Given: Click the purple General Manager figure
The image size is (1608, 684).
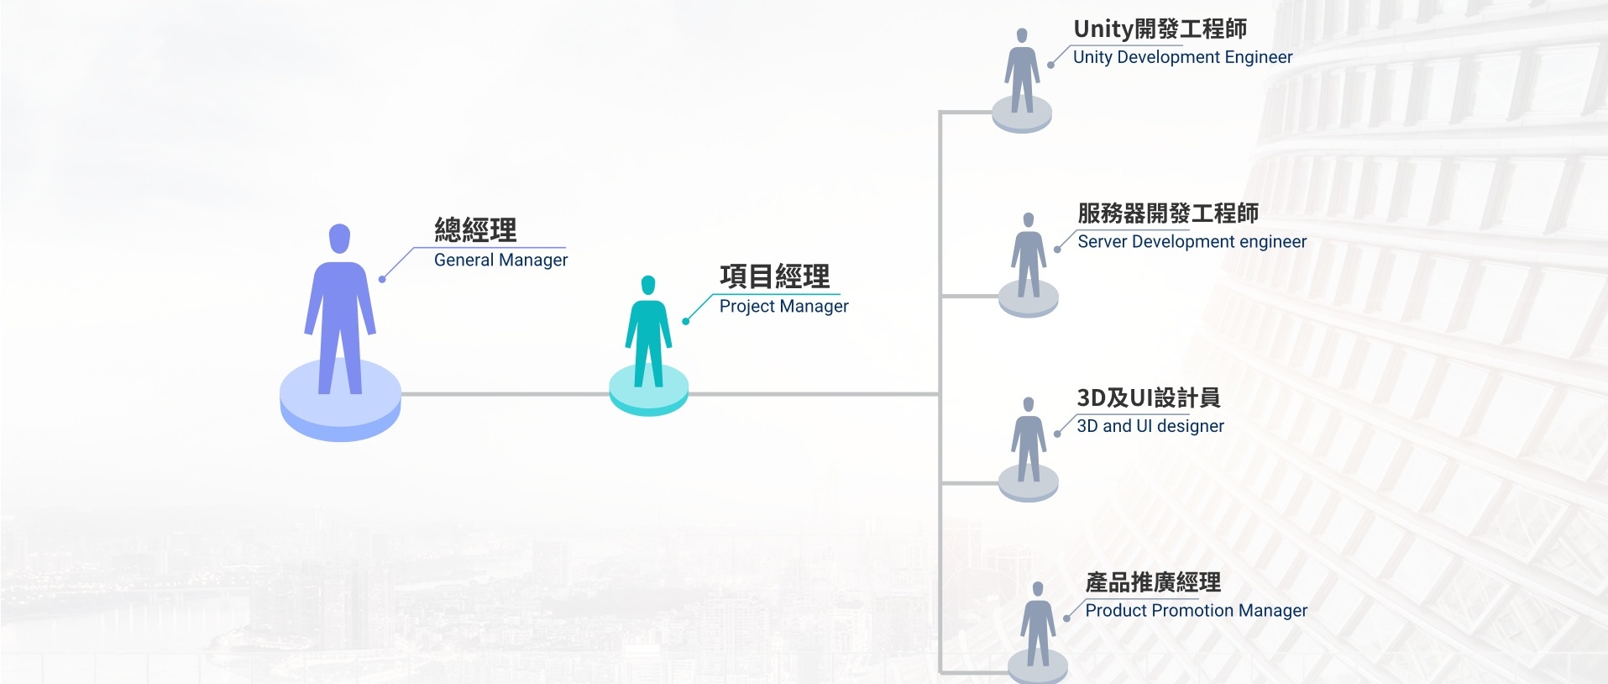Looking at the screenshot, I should pos(340,311).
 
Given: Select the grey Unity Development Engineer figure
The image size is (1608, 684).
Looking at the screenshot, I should pos(1022,72).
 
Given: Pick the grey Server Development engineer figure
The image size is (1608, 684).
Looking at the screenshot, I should pos(1029,256).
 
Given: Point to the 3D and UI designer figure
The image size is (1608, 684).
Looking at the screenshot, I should pos(1029,441).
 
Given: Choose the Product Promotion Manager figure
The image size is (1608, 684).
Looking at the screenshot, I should pos(1038,626).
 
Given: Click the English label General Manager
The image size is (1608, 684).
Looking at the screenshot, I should pos(500,260).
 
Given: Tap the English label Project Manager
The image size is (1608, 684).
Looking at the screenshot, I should pos(783,307).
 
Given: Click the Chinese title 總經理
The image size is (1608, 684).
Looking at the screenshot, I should pos(475,230).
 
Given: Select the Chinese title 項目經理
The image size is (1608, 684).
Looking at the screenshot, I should pos(774,276).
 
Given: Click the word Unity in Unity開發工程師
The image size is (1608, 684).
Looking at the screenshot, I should pos(1103,29).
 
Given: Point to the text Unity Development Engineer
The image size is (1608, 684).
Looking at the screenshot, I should pos(1182,57).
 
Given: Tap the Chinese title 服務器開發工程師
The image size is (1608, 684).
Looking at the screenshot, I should pos(1168,213).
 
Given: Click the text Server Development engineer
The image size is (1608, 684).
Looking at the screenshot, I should pos(1192,242).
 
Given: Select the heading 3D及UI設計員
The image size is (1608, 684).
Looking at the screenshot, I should pos(1148,397).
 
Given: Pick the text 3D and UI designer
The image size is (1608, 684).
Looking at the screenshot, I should pos(1150,426).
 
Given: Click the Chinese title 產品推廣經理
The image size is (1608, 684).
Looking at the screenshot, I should pos(1153,582).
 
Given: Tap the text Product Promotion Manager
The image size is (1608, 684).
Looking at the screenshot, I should pos(1196,611).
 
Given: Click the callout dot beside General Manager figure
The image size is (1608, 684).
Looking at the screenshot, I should pos(382,279).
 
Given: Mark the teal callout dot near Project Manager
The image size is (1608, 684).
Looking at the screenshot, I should pos(686,321).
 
